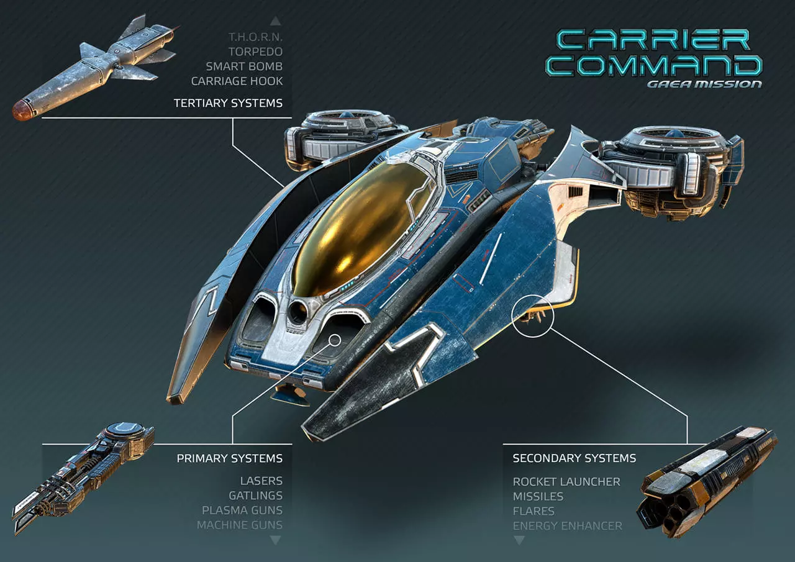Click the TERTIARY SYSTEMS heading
pos(228,103)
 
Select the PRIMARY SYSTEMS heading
pos(230,458)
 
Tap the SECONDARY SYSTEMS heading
pos(575,458)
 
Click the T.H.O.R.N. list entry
pos(255,37)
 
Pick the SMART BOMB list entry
pos(244,66)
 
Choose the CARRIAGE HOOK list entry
pos(237,81)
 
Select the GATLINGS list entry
pos(255,496)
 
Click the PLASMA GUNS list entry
pos(242,510)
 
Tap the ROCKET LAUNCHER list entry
pos(566,481)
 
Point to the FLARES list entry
pos(534,511)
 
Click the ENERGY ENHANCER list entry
pos(567,526)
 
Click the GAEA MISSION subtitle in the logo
pos(704,84)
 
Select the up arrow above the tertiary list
pos(276,21)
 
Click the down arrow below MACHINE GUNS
pos(276,540)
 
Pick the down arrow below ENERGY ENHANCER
pos(519,540)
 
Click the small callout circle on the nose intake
pos(329,340)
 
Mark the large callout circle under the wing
pos(512,316)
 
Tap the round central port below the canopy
pos(298,312)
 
